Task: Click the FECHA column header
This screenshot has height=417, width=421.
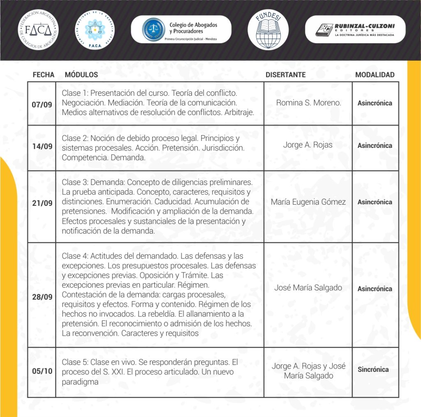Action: pos(43,75)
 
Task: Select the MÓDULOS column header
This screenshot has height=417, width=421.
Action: pos(81,75)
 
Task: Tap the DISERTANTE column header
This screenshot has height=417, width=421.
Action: pos(285,75)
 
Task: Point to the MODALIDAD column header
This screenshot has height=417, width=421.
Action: pos(375,75)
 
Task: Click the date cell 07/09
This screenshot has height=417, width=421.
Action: pos(42,104)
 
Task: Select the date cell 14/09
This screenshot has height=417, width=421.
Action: pos(42,147)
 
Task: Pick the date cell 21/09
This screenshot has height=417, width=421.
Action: pos(42,203)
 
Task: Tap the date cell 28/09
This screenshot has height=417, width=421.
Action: pos(42,297)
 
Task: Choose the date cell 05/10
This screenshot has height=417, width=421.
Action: pos(42,371)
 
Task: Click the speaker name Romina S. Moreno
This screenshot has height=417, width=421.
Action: pos(308,103)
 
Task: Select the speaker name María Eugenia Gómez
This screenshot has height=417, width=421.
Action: pos(308,202)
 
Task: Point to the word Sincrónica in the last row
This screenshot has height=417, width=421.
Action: pos(373,369)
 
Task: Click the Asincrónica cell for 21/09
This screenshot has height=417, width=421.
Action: pos(375,202)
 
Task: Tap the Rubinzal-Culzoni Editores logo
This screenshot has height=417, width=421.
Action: pos(355,30)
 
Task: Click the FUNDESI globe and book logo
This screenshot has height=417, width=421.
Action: pos(268,30)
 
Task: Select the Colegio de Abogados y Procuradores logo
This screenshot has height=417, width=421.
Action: pos(181,30)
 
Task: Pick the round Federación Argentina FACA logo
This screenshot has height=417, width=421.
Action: pos(38,30)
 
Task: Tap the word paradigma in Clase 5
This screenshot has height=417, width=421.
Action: pos(80,382)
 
